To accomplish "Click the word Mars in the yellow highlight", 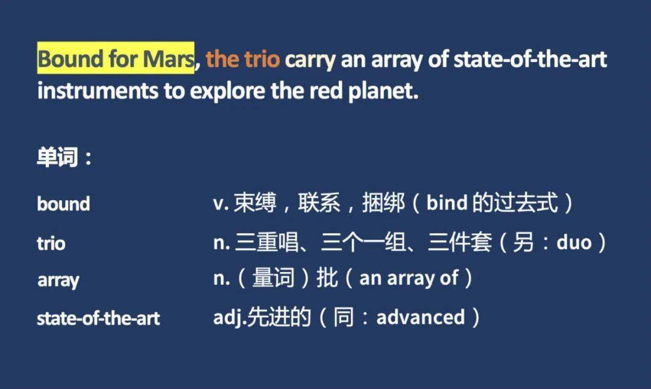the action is click(x=168, y=59).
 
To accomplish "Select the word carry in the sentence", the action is click(x=310, y=60).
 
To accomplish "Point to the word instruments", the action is click(x=98, y=90).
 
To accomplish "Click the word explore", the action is click(x=227, y=92).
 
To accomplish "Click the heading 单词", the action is click(x=57, y=157).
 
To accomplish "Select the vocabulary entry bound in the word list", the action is click(x=63, y=204).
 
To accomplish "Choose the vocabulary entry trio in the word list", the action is click(x=51, y=243).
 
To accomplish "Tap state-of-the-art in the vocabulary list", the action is click(x=98, y=318).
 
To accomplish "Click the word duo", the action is click(x=574, y=242).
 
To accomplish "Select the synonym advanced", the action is click(x=421, y=317).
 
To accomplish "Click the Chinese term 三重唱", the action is click(x=267, y=242).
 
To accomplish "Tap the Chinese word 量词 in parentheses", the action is click(x=273, y=277).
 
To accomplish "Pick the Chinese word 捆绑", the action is click(x=383, y=203).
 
